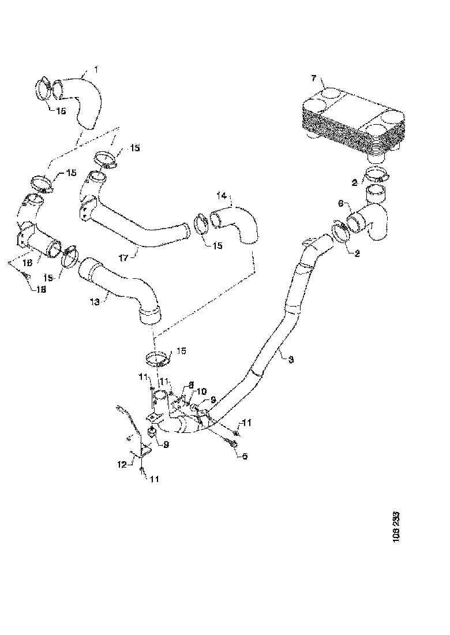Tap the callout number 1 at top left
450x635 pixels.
point(95,69)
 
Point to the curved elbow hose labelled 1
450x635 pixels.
point(87,101)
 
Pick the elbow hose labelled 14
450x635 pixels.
point(239,225)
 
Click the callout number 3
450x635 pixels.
point(291,359)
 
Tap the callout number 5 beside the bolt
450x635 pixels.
point(245,457)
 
